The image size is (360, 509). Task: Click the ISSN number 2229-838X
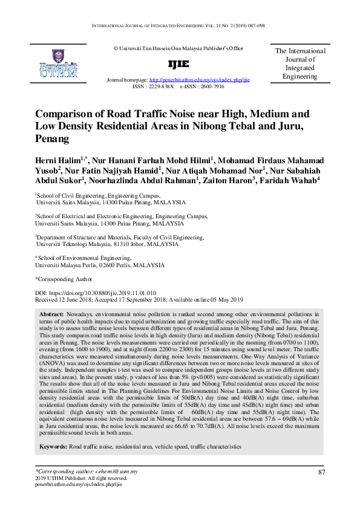coord(160,86)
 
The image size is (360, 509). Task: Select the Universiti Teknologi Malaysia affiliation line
coord(106,244)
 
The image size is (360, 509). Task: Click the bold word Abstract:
coord(51,315)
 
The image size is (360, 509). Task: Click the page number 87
coord(321,472)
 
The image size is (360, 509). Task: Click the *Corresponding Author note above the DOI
coord(64,279)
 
